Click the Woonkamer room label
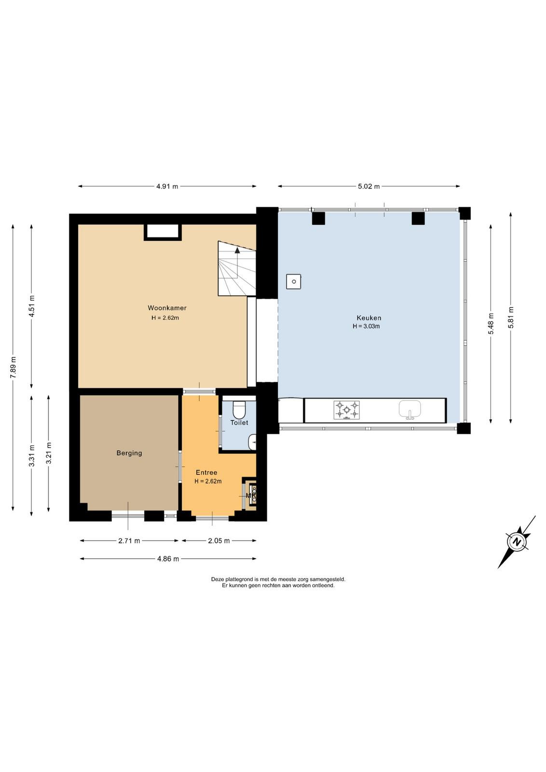pos(167,308)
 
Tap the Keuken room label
pos(369,318)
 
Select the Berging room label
pos(129,453)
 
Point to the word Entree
pos(206,472)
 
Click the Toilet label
pos(239,423)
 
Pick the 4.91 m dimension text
pos(167,186)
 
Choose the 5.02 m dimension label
pos(369,186)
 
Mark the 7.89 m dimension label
pos(13,367)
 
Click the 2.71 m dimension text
pos(129,541)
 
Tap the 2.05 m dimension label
pos(219,541)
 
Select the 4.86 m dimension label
pos(168,559)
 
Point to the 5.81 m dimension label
pos(510,317)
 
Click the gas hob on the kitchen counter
pos(346,410)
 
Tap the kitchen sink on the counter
pos(410,410)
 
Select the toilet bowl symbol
pos(239,409)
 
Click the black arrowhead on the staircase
pos(237,250)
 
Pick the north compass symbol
pos(517,542)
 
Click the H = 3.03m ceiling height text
pos(366,326)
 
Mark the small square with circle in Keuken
pos(293,282)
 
